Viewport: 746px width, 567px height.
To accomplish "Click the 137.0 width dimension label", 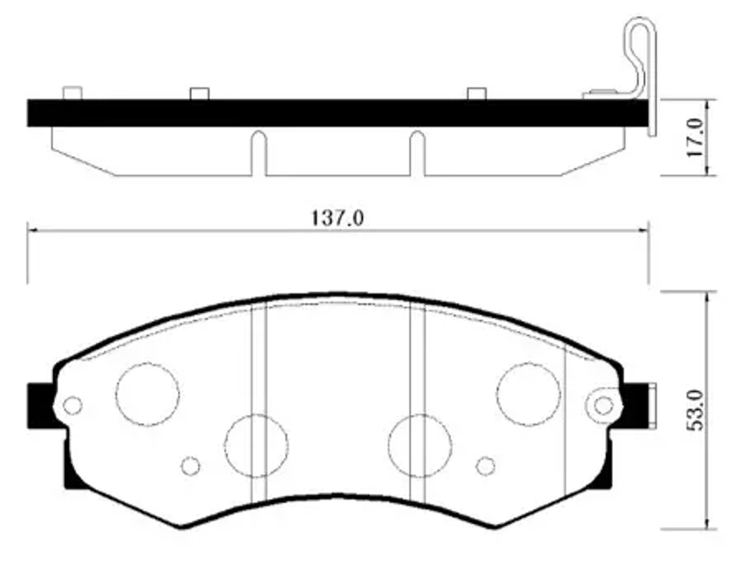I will pos(338,218).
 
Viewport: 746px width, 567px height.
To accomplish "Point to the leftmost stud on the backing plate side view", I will pos(72,93).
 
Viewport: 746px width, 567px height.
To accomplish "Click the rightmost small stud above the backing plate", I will pos(477,94).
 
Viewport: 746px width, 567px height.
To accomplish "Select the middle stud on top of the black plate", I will pos(199,94).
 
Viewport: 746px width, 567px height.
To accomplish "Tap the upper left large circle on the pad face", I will pos(147,394).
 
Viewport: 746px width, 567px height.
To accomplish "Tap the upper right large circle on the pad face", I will pos(529,394).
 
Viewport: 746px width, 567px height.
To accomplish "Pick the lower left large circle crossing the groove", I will pos(256,446).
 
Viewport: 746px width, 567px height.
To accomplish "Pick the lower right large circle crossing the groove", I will pos(420,446).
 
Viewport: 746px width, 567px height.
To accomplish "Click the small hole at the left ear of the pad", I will pos(73,405).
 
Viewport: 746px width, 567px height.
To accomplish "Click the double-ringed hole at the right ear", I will pos(604,405).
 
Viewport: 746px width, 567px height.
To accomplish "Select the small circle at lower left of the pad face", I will pos(191,466).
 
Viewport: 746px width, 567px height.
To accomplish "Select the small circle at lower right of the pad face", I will pos(485,466).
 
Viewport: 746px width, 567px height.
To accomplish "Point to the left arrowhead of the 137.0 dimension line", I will pos(31,231).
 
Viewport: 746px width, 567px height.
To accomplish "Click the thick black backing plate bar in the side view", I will pos(330,112).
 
